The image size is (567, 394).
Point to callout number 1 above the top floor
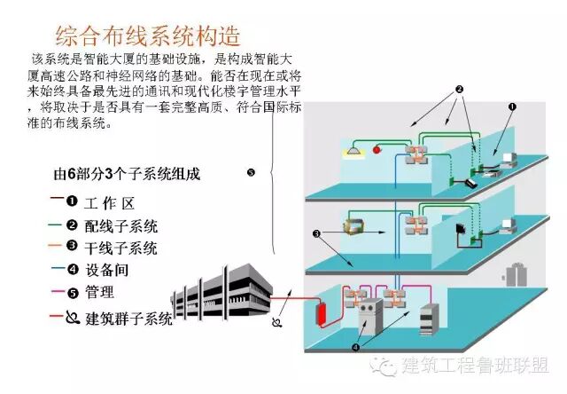[x=511, y=106]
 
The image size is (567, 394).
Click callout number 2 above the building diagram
[x=459, y=90]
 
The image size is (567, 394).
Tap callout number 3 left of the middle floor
[x=315, y=234]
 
